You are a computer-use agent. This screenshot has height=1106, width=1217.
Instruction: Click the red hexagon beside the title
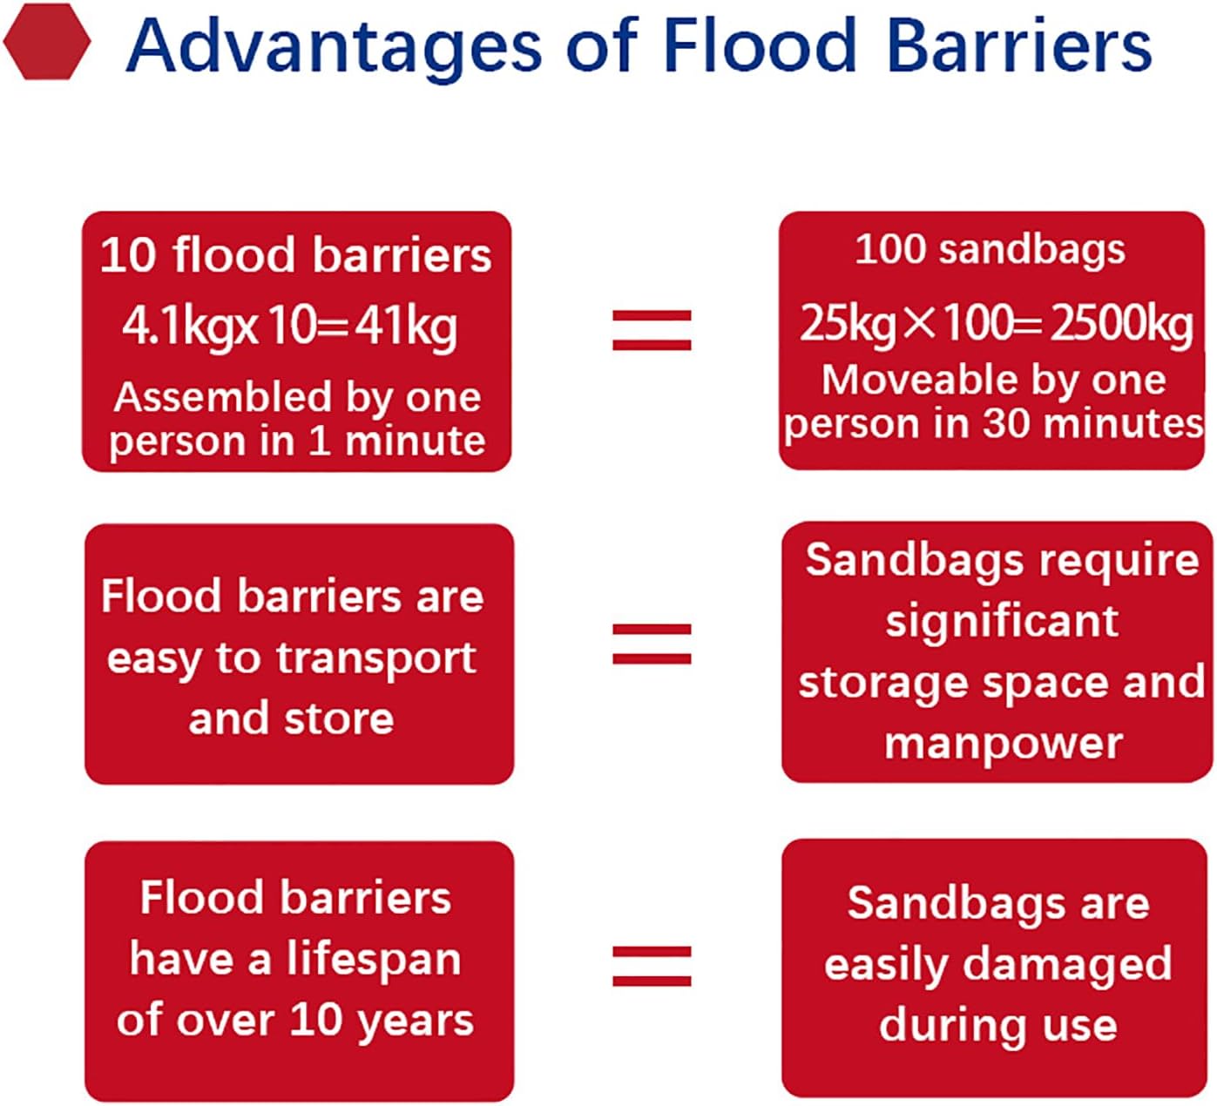pyautogui.click(x=47, y=41)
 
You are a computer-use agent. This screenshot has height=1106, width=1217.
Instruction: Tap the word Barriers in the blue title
pyautogui.click(x=1019, y=45)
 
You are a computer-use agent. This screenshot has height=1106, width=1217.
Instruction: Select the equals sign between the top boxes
pyautogui.click(x=652, y=330)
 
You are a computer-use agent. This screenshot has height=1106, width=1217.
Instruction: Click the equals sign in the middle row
pyautogui.click(x=652, y=644)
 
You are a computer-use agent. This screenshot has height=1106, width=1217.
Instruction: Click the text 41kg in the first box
pyautogui.click(x=406, y=327)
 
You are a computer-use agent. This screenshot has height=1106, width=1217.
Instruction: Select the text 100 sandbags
pyautogui.click(x=991, y=249)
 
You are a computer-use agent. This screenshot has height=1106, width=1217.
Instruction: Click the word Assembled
pyautogui.click(x=223, y=397)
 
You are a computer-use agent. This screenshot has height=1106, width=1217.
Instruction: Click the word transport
pyautogui.click(x=376, y=659)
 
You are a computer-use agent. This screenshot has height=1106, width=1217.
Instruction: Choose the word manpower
pyautogui.click(x=1004, y=744)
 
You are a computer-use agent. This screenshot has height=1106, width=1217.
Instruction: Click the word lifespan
pyautogui.click(x=374, y=960)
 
